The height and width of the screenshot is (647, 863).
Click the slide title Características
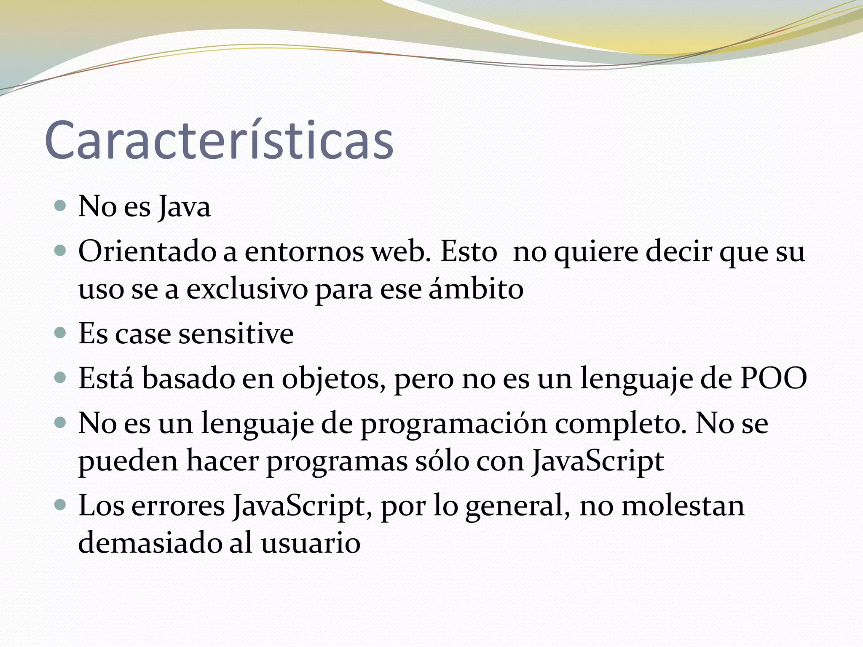[x=219, y=140]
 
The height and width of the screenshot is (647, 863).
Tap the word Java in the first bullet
[x=185, y=207]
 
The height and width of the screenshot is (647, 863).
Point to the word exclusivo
[x=247, y=290]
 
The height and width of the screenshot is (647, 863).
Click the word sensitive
[x=236, y=334]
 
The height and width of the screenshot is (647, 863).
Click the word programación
[x=453, y=424]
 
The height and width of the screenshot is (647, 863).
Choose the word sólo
[x=442, y=461]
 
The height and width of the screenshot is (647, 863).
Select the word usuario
[x=311, y=543]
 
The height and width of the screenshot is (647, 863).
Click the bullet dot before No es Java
[x=61, y=206]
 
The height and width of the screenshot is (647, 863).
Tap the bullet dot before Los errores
[x=61, y=505]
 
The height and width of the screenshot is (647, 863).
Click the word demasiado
[x=150, y=543]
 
